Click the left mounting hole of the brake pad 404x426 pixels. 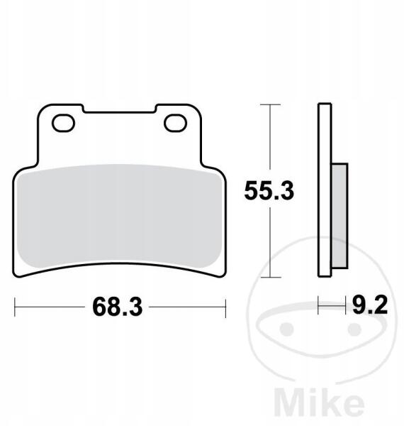tap(64, 123)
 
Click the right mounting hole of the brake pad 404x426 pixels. tap(176, 123)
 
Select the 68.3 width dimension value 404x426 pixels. tap(118, 307)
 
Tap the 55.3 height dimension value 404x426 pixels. tap(269, 191)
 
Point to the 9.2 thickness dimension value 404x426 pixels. tap(370, 305)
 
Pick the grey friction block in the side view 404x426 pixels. tap(340, 216)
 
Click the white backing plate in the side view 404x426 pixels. tap(325, 190)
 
